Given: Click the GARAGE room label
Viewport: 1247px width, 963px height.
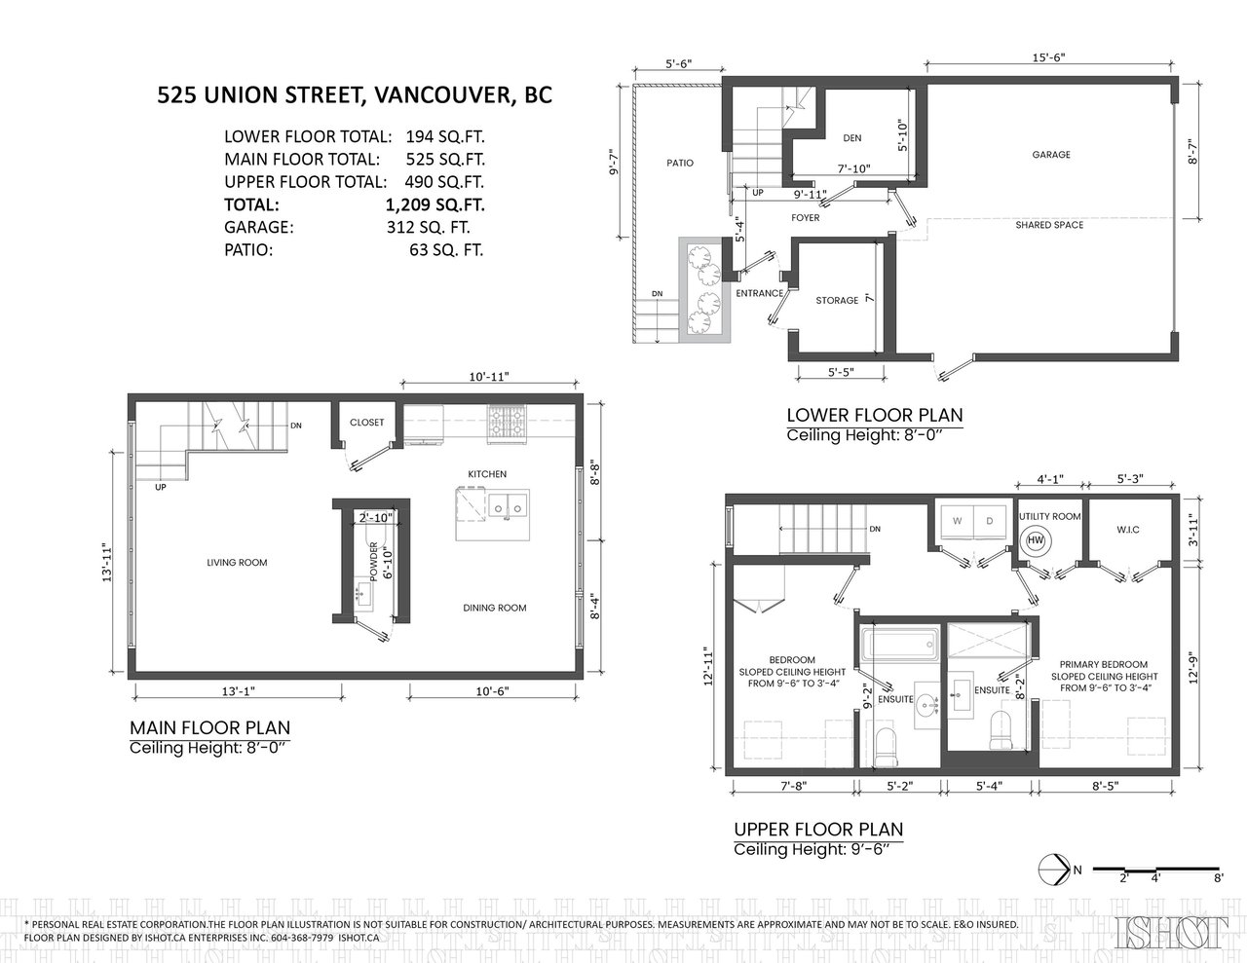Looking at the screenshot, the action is tap(1051, 154).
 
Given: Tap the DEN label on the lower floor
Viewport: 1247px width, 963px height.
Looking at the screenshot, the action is tap(852, 137).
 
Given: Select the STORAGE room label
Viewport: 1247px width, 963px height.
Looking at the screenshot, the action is tap(837, 300).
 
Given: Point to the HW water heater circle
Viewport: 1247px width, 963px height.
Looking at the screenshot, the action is tap(1036, 540).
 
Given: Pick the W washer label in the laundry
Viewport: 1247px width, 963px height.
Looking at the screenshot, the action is tap(957, 521).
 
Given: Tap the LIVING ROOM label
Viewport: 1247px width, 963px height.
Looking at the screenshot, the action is tap(237, 563).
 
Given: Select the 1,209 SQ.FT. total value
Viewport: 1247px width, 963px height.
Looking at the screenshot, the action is tap(435, 204).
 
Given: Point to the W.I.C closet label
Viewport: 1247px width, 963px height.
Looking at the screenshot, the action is tap(1127, 530).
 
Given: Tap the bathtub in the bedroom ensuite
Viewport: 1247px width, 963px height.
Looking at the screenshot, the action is tap(899, 645).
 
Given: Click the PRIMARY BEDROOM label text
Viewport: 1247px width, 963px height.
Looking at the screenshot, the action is tap(1103, 664).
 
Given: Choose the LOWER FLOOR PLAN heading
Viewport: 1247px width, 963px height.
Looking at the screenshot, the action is tap(875, 415).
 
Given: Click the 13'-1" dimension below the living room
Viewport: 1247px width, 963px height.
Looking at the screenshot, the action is tap(238, 691).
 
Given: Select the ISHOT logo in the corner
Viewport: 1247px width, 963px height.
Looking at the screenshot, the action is tap(1172, 933).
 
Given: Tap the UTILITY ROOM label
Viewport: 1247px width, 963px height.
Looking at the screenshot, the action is tap(1049, 516).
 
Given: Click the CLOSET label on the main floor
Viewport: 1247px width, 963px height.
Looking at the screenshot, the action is tap(366, 423).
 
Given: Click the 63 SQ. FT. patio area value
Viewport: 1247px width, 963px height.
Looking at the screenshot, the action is tap(446, 250).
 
